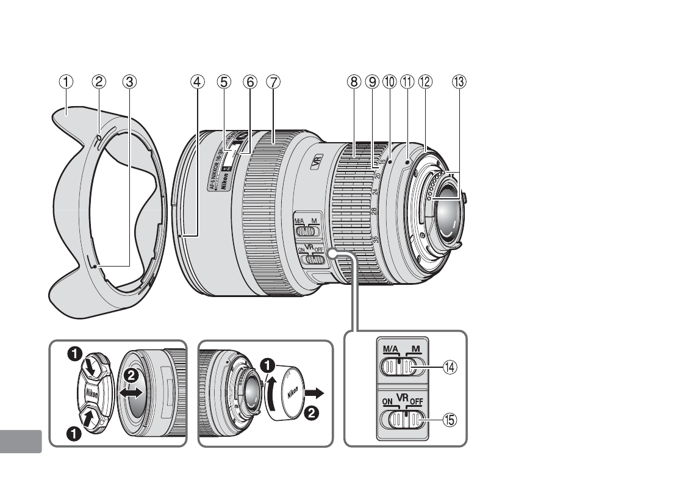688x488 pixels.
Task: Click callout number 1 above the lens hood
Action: click(x=66, y=81)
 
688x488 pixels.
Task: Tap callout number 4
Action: click(x=197, y=81)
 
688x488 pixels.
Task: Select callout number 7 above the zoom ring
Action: click(x=273, y=81)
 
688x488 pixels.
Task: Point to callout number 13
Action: click(x=458, y=81)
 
